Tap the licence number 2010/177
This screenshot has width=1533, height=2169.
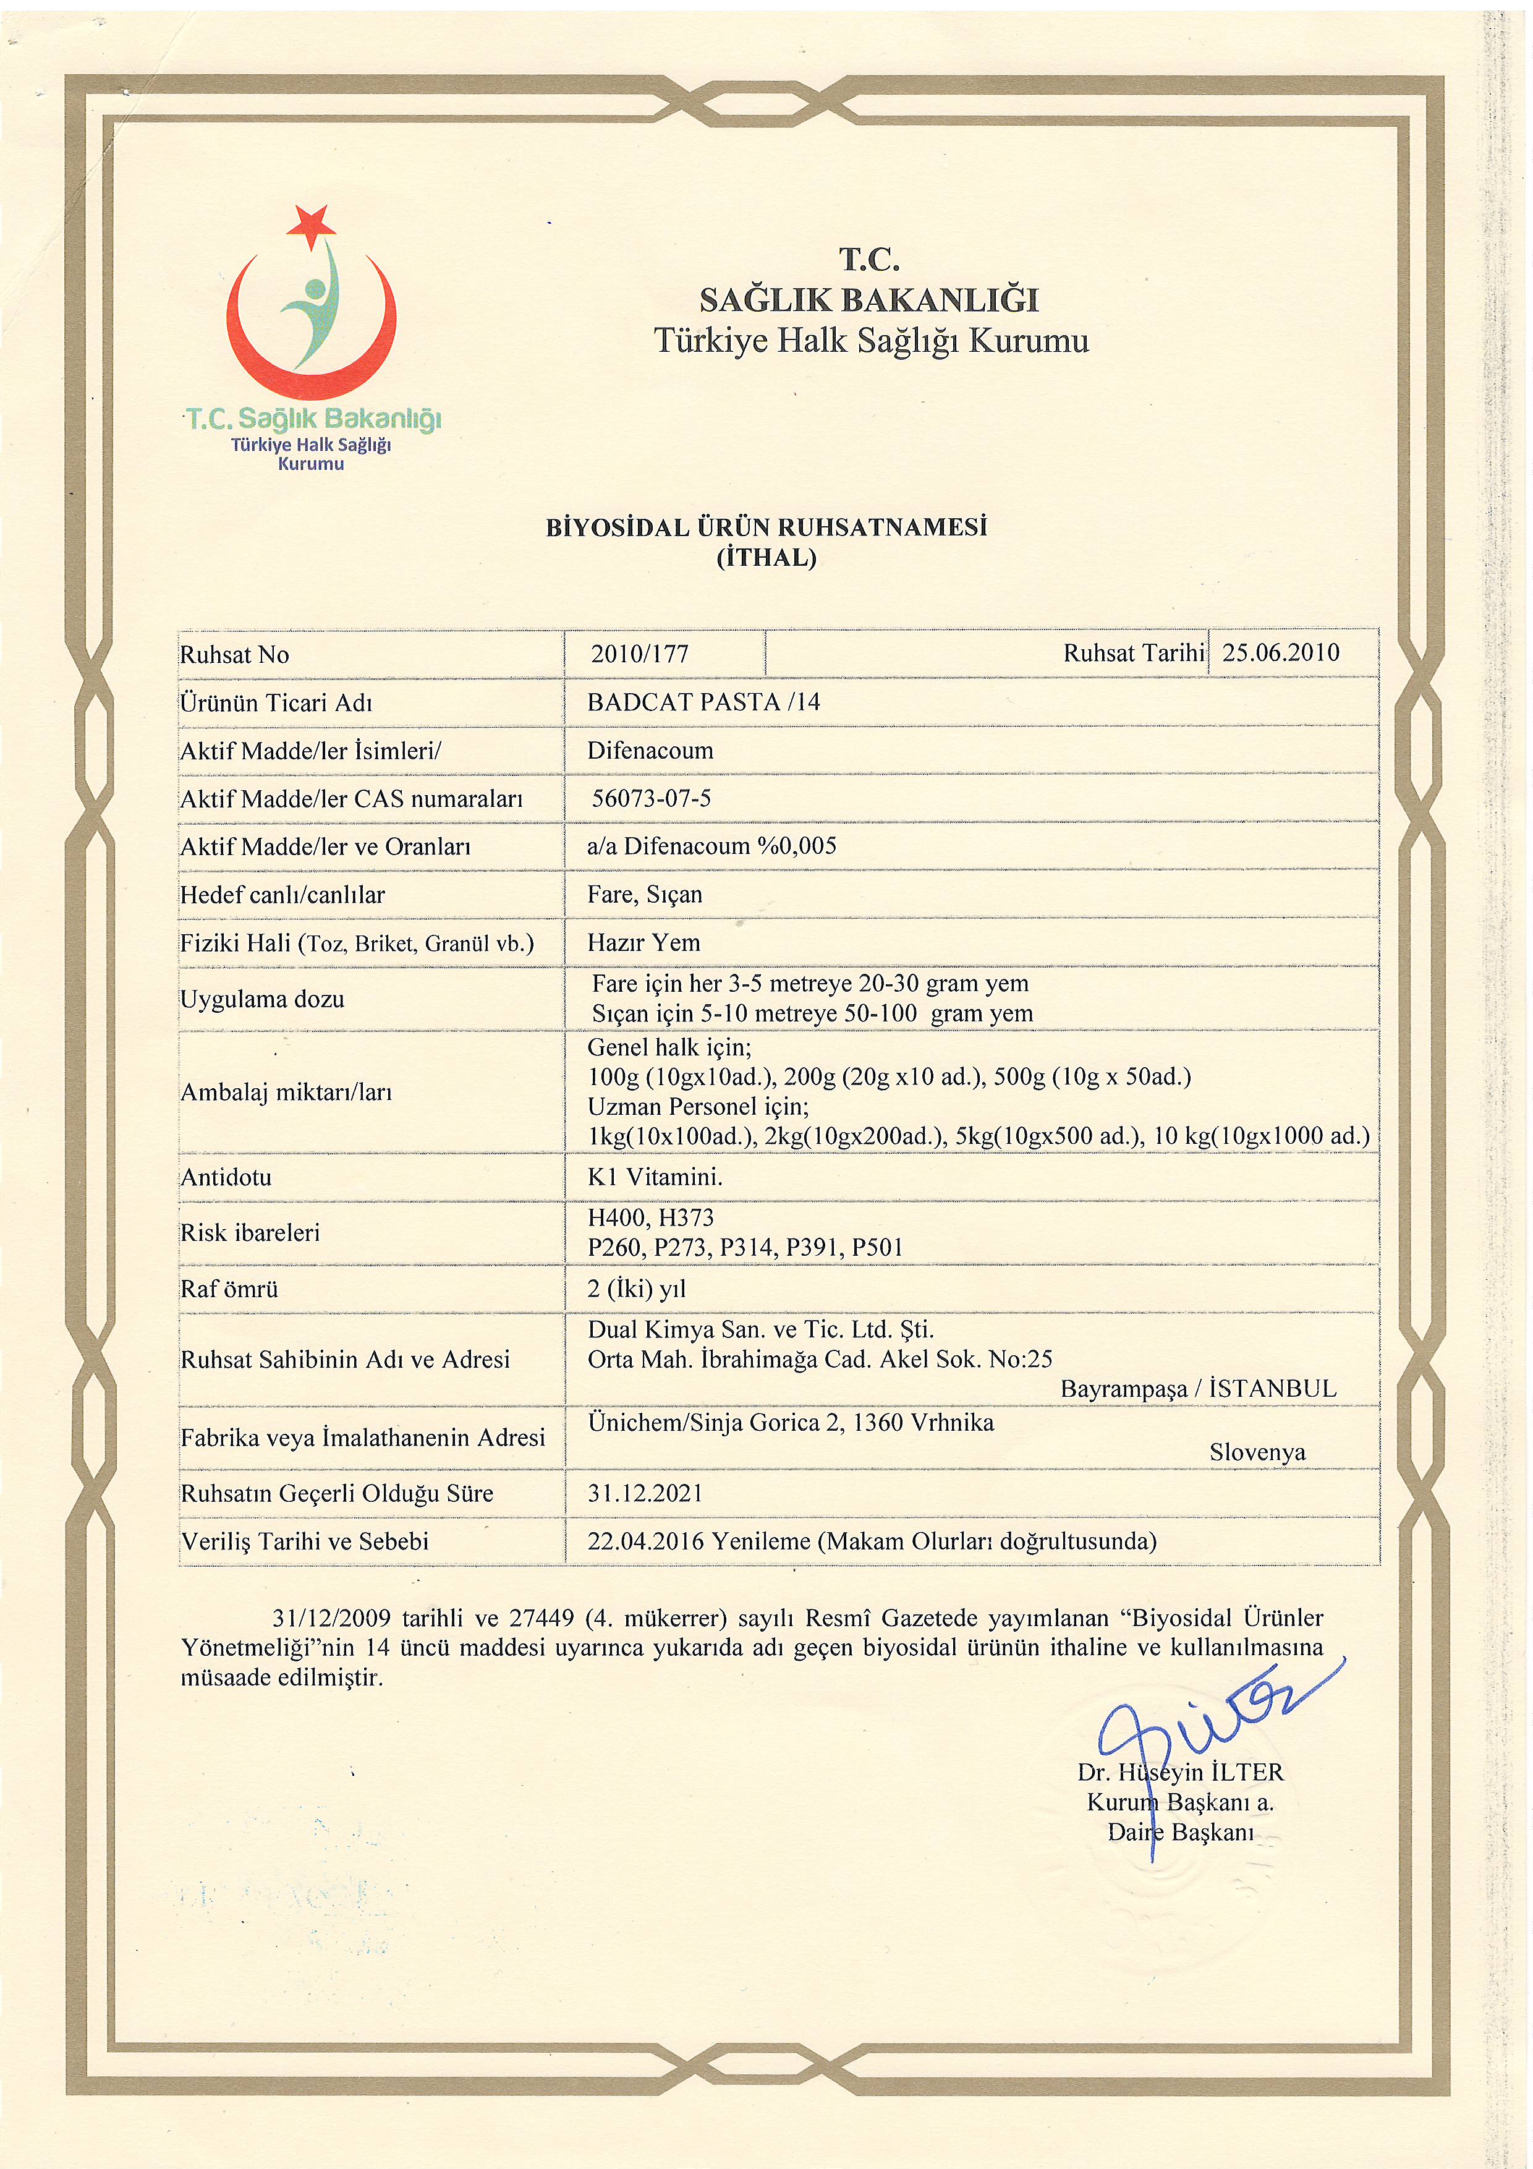[639, 654]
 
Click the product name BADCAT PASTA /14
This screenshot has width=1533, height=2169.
[703, 702]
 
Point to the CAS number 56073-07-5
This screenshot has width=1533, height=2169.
[651, 798]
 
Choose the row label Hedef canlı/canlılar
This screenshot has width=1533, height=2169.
[282, 895]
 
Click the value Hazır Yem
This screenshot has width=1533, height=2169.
[643, 943]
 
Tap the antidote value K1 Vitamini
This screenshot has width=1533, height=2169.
[655, 1177]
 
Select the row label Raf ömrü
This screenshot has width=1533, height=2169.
[229, 1289]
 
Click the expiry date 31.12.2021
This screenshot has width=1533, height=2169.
[645, 1494]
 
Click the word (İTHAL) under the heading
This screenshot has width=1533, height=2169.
[766, 557]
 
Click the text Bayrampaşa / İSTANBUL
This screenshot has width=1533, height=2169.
[1198, 1389]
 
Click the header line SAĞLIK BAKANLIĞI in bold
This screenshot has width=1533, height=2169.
[869, 300]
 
